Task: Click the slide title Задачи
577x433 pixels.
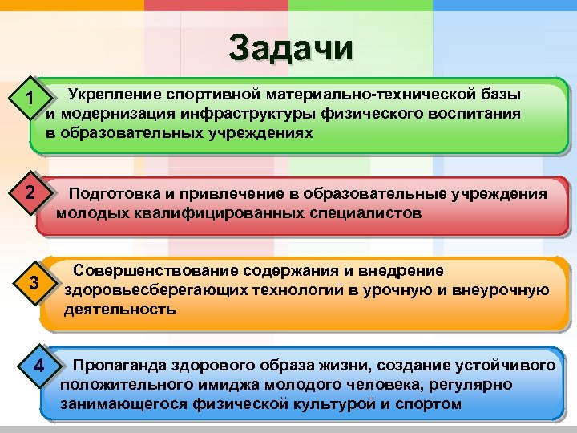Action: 290,47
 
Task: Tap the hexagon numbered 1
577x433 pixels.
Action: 28,100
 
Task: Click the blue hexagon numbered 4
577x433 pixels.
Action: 38,368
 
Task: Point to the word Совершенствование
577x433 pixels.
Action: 151,271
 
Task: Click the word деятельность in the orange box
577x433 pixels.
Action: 119,309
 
